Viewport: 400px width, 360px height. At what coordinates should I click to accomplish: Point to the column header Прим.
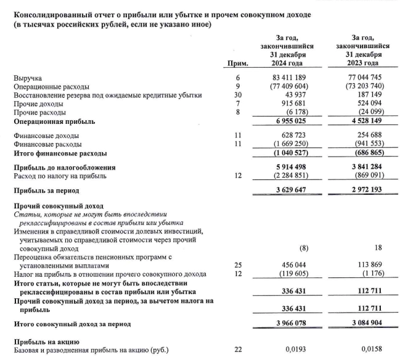pos(238,63)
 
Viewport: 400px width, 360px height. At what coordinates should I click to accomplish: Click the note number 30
pos(238,96)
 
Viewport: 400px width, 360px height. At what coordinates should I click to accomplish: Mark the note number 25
pos(238,264)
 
